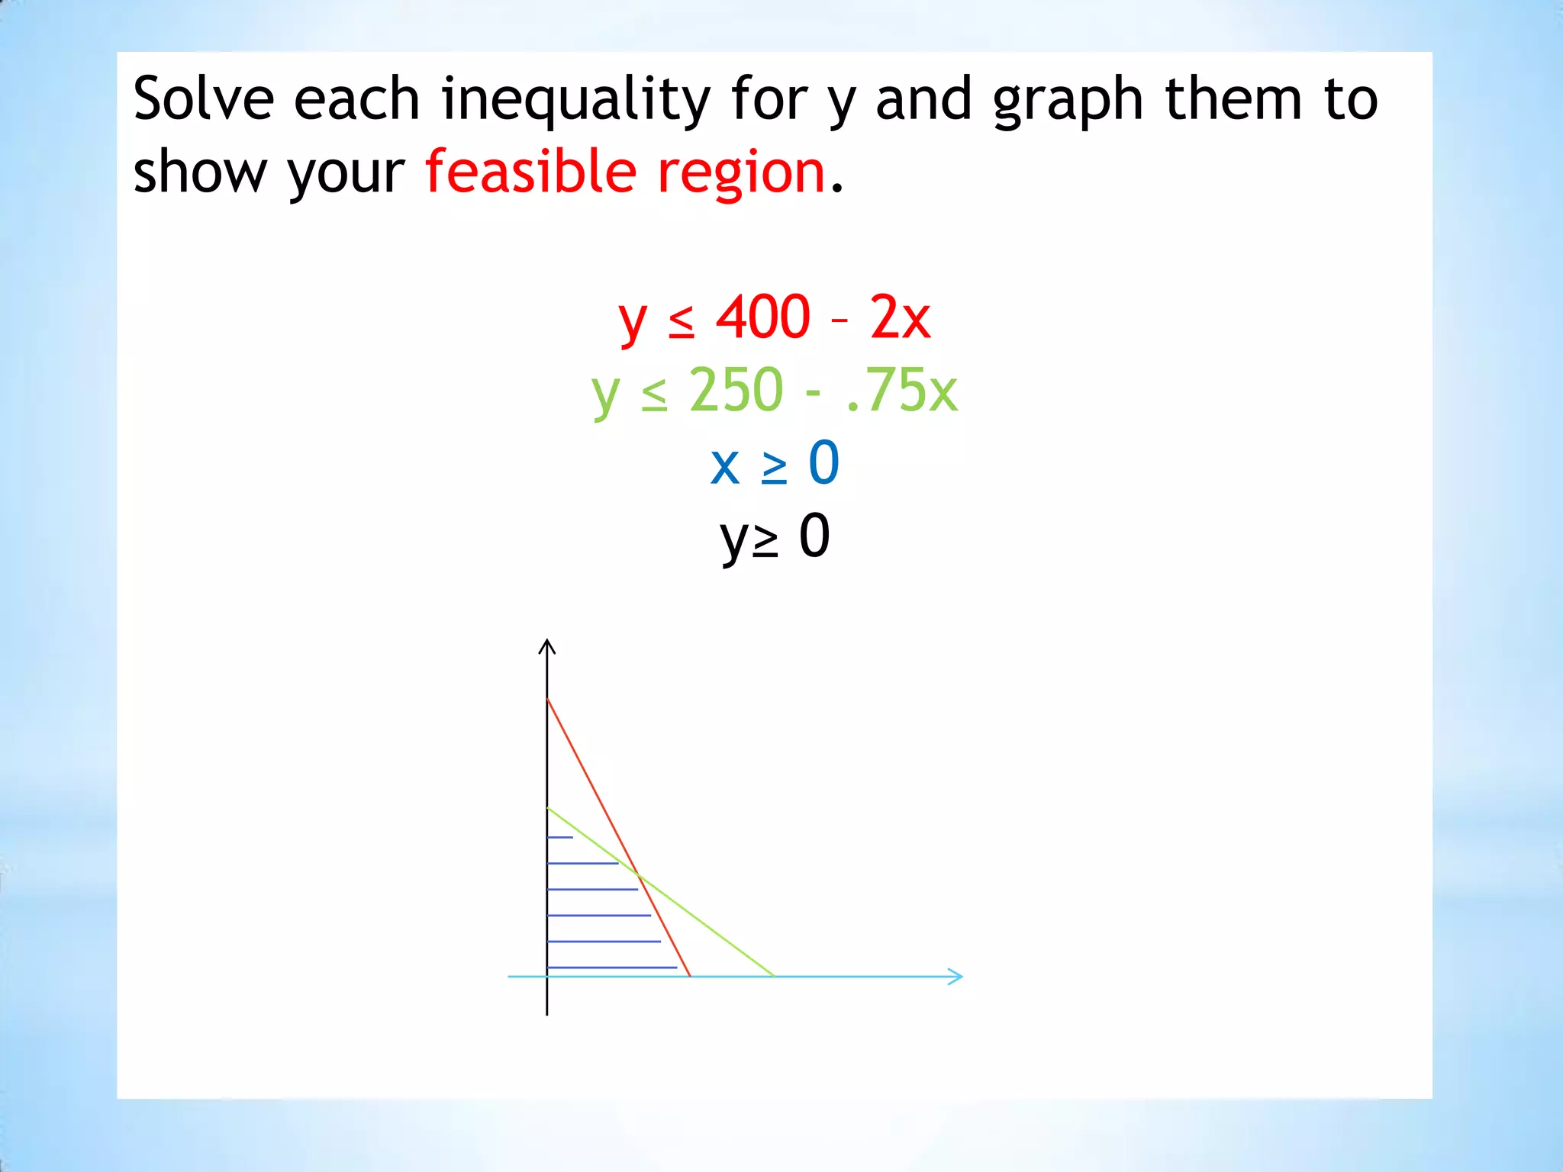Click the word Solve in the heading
click(203, 99)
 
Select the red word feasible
click(530, 171)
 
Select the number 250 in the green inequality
click(736, 390)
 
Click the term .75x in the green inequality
click(901, 390)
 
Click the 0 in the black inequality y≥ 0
click(814, 536)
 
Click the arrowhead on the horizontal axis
click(956, 976)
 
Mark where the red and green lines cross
click(638, 874)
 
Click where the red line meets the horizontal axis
click(690, 976)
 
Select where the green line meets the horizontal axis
click(774, 976)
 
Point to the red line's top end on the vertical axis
click(548, 699)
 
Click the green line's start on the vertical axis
click(548, 808)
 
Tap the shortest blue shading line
click(560, 838)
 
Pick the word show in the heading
click(200, 172)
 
